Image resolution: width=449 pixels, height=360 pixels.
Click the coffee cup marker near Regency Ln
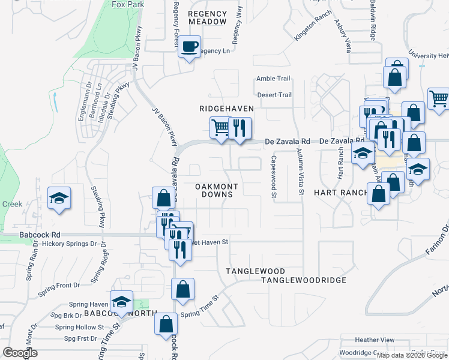tap(190, 46)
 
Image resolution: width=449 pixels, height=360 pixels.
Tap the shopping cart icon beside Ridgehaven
tap(220, 127)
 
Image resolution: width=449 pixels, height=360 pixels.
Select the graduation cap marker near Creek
tap(59, 198)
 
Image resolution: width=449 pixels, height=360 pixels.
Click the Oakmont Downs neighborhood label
tap(217, 190)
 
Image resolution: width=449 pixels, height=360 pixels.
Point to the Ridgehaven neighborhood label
tap(227, 109)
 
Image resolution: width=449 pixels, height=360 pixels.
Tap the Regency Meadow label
tap(208, 17)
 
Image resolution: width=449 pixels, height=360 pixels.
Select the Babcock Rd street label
tap(40, 235)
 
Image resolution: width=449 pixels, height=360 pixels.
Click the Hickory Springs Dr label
tap(70, 244)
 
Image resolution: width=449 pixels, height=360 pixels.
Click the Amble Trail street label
tap(273, 79)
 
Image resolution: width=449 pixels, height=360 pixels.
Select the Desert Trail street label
tap(274, 95)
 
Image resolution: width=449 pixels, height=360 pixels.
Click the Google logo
tap(20, 352)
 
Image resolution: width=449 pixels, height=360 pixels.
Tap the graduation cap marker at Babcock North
tap(121, 301)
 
